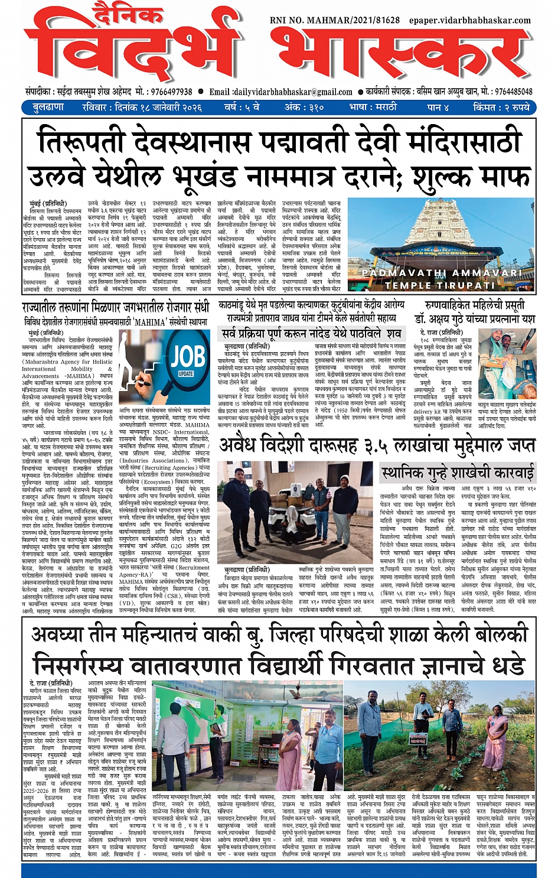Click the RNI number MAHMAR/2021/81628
pos(334,20)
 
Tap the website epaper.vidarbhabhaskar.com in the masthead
pos(469,20)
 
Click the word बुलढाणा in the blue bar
pos(48,108)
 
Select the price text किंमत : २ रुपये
pos(501,108)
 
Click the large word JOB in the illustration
pos(188,357)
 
